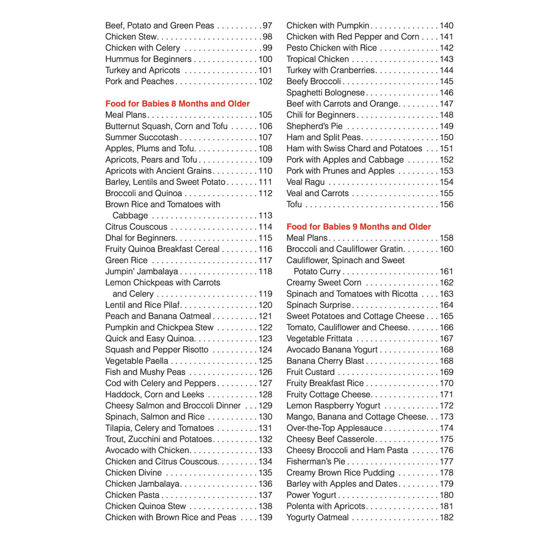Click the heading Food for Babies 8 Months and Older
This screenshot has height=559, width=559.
point(178,104)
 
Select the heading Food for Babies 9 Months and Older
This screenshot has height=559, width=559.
point(358,227)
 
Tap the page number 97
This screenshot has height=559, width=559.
point(267,26)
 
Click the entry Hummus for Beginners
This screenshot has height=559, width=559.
point(148,59)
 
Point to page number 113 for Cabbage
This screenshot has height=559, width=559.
point(265,215)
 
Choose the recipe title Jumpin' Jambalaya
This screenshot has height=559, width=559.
point(142,271)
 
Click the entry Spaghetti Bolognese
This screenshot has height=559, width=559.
point(325,93)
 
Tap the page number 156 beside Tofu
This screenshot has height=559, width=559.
point(446,204)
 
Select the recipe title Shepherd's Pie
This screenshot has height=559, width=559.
point(314,126)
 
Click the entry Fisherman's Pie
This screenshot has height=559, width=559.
point(316,461)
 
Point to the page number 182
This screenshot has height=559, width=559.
point(446,517)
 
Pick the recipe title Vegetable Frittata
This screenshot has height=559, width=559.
point(319,339)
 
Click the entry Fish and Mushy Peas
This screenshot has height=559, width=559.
point(145,372)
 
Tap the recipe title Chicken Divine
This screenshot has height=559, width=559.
point(133,472)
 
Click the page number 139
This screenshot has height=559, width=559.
point(265,517)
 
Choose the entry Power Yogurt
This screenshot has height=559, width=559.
point(311,495)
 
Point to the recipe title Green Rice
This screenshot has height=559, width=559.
point(126,260)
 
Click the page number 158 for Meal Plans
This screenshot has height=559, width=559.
point(446,238)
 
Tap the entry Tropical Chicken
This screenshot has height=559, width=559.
point(318,59)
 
